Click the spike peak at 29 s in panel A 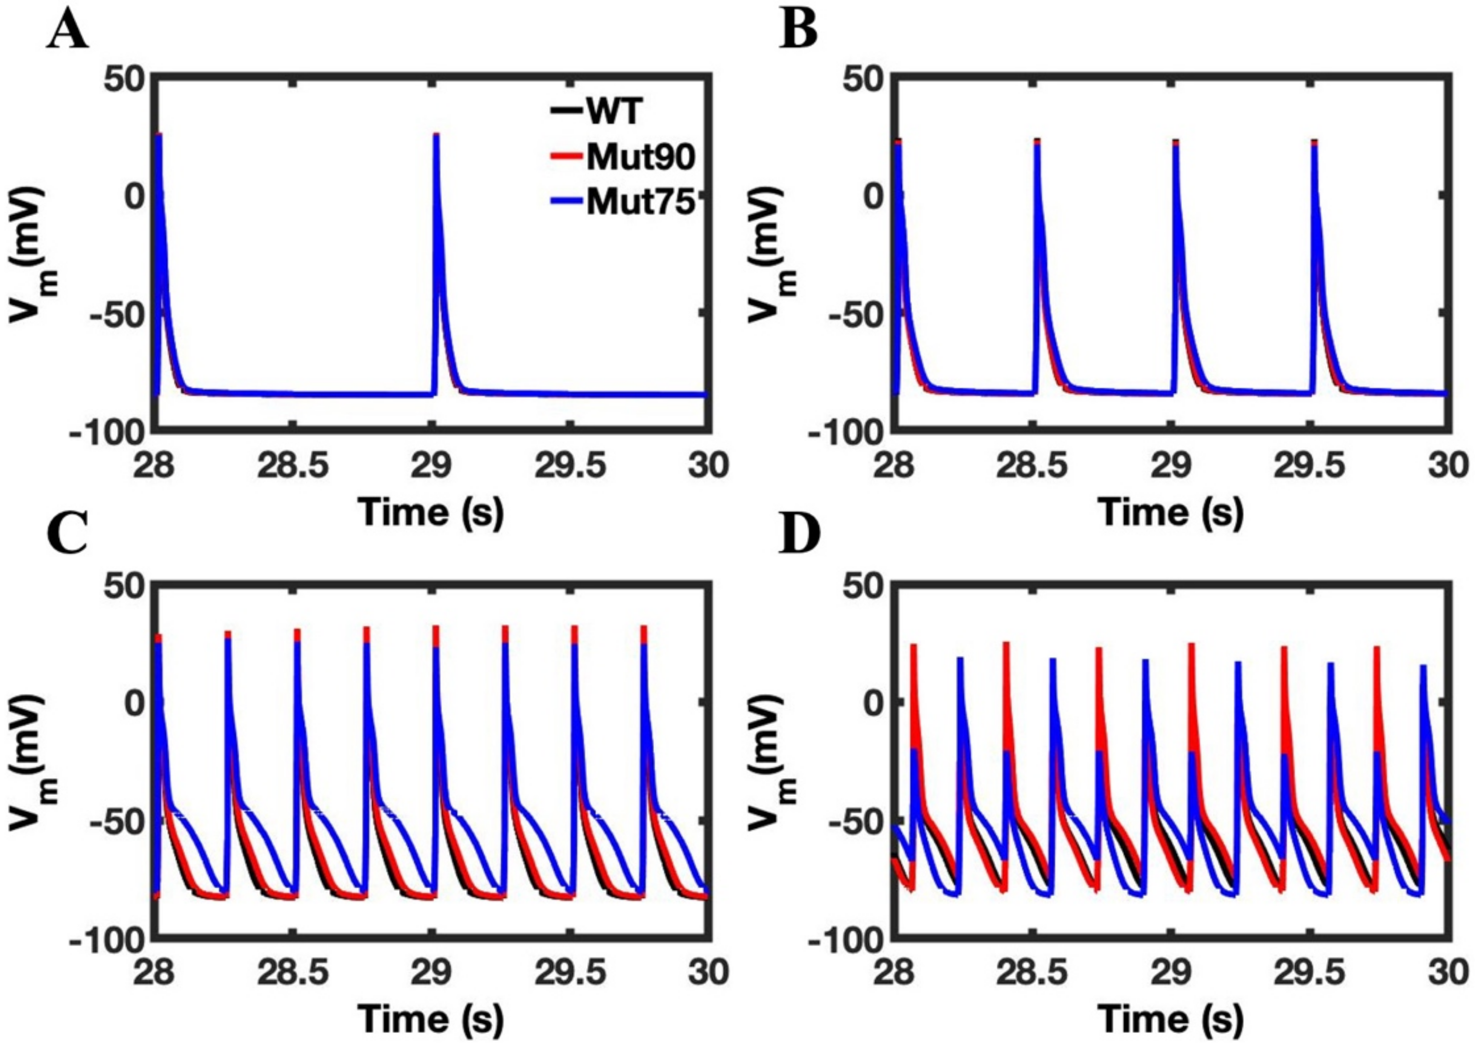[x=436, y=135]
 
